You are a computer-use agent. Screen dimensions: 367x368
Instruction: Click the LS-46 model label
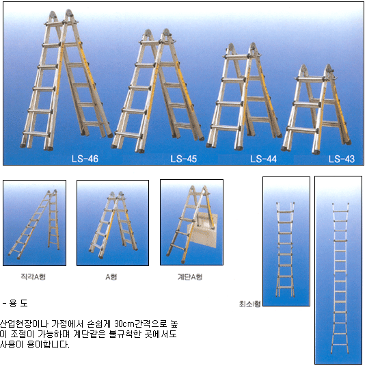tap(85, 159)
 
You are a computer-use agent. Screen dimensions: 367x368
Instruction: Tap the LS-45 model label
tap(183, 159)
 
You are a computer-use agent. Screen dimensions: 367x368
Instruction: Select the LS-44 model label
tap(263, 159)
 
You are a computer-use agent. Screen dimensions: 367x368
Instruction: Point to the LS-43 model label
tap(342, 159)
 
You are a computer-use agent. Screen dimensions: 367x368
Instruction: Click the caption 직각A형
tap(33, 277)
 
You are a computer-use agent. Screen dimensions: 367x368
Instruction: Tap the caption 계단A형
tap(190, 277)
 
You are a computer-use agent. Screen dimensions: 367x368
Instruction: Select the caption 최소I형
tap(249, 304)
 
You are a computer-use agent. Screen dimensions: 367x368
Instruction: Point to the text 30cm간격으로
tap(141, 324)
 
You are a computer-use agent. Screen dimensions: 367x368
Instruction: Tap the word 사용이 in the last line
tap(12, 345)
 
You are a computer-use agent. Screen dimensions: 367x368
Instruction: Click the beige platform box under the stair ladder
tap(203, 230)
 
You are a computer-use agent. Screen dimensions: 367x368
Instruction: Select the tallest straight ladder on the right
tap(340, 278)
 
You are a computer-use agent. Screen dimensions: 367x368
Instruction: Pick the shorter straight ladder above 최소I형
tap(285, 250)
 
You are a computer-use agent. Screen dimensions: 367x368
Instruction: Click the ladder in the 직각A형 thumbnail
tap(34, 224)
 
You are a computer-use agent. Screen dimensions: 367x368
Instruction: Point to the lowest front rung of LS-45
tap(128, 135)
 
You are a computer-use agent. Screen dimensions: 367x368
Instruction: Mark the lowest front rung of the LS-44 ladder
tap(226, 128)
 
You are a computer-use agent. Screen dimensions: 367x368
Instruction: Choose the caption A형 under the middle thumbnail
tap(111, 277)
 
